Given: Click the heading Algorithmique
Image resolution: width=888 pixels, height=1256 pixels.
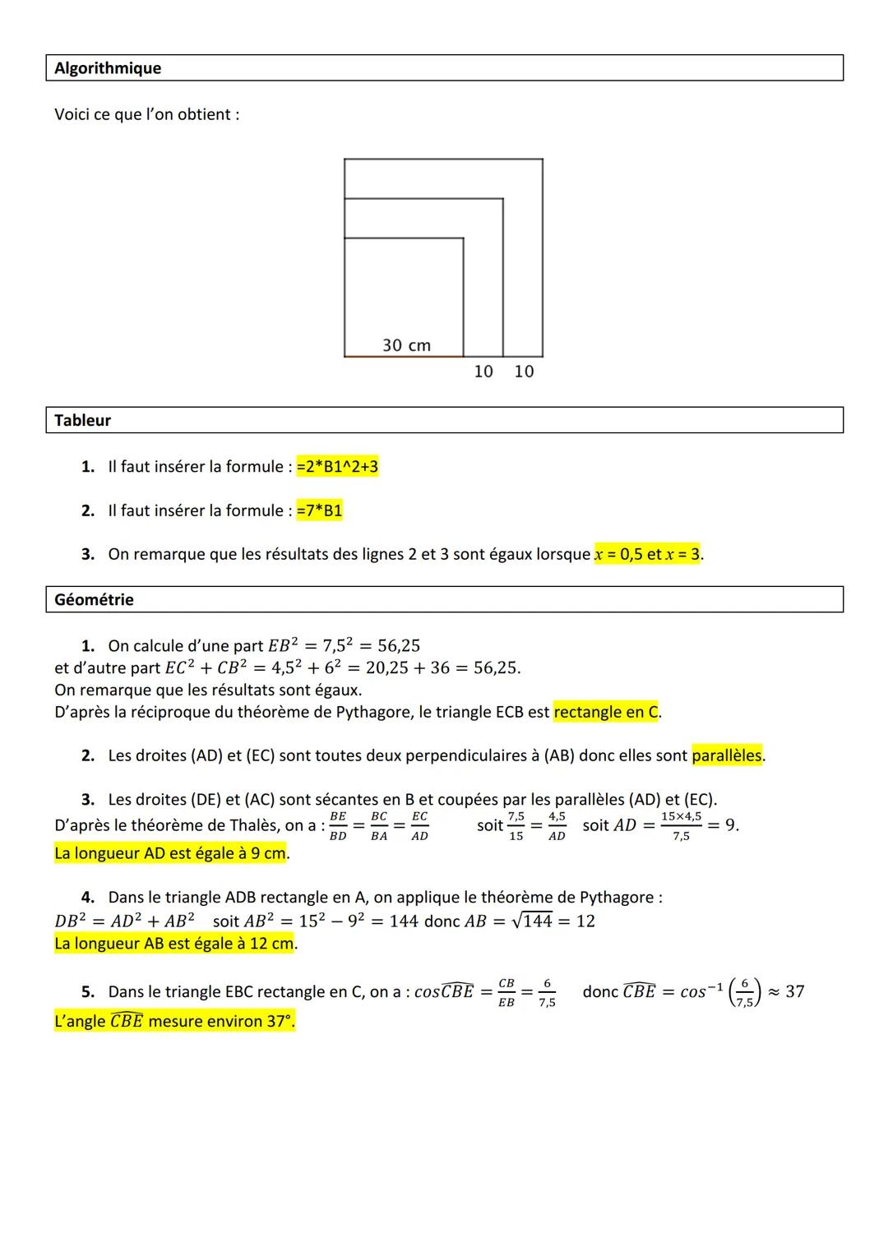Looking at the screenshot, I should pyautogui.click(x=108, y=68).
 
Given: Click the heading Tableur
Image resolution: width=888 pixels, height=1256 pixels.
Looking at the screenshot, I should pyautogui.click(x=82, y=420).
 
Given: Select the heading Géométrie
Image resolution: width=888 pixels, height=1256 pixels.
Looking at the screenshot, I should pyautogui.click(x=94, y=599).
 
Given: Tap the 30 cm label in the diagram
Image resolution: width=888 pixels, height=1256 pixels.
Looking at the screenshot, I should pyautogui.click(x=406, y=345).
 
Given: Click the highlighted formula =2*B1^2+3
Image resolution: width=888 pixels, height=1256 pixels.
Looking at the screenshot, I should pyautogui.click(x=337, y=467).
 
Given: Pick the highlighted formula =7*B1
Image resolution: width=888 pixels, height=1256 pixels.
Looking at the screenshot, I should pyautogui.click(x=319, y=510).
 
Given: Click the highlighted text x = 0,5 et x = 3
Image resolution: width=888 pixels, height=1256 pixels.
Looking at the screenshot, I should pyautogui.click(x=647, y=554).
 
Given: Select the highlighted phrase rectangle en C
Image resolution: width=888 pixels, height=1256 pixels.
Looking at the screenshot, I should pyautogui.click(x=606, y=712).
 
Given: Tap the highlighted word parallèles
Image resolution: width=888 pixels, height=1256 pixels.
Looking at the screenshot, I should pyautogui.click(x=727, y=755).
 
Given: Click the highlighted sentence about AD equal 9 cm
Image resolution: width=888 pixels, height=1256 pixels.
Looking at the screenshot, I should pyautogui.click(x=170, y=853).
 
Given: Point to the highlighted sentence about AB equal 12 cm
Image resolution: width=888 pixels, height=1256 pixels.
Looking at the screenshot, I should pyautogui.click(x=173, y=944).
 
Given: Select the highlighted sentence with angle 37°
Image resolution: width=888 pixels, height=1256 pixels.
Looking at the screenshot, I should pyautogui.click(x=174, y=1022).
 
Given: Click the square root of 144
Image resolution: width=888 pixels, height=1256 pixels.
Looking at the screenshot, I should pyautogui.click(x=531, y=921).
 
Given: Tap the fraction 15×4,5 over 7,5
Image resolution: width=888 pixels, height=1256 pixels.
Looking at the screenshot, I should pyautogui.click(x=681, y=825).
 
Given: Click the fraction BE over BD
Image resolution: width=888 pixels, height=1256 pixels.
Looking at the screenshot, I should pyautogui.click(x=337, y=825).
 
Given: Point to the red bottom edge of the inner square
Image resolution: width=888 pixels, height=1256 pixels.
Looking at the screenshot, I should pyautogui.click(x=403, y=356).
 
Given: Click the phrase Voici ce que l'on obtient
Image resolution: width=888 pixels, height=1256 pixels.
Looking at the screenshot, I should pyautogui.click(x=146, y=114).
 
